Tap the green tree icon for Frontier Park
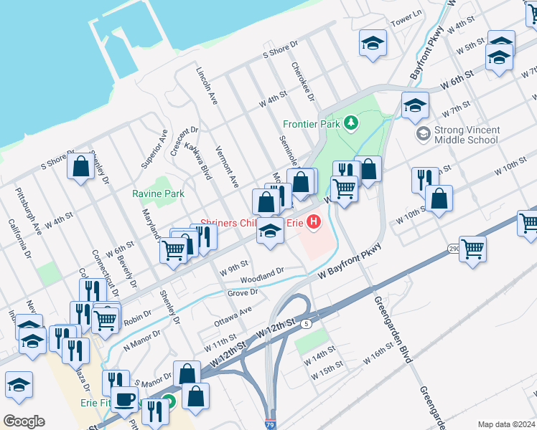[351, 123]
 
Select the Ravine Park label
[158, 193]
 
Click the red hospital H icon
[313, 223]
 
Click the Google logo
[24, 421]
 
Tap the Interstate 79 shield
[271, 424]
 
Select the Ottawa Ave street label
[233, 316]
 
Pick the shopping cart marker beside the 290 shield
[472, 249]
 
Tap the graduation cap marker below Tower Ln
[373, 43]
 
